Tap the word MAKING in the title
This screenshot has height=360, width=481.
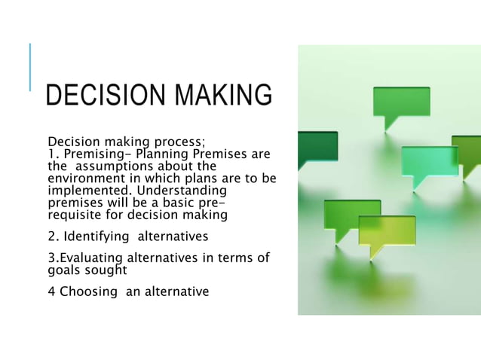point(224,96)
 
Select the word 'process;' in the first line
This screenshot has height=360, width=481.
point(181,142)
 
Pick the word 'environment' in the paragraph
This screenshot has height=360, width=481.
point(84,178)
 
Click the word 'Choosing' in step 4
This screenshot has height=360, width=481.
point(85,291)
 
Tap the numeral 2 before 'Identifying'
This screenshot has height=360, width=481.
point(51,236)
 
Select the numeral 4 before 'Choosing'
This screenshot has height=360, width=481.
point(51,291)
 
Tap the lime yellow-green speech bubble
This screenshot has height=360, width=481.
point(386,229)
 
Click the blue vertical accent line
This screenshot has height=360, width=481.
point(31,67)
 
